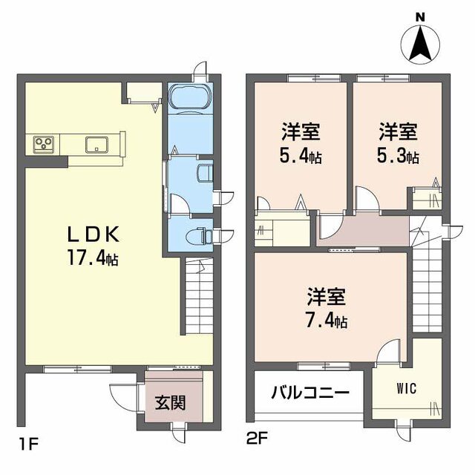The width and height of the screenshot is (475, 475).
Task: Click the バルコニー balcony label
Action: pyautogui.click(x=309, y=393)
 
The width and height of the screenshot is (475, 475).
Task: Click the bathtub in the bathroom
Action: pyautogui.click(x=189, y=97)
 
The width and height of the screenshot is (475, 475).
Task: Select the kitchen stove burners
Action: pyautogui.click(x=42, y=143)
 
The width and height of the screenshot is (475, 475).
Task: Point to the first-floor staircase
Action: pyautogui.click(x=198, y=297)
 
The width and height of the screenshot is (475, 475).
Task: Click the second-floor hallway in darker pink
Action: pyautogui.click(x=364, y=231)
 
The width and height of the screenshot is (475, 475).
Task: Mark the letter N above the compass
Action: pyautogui.click(x=420, y=16)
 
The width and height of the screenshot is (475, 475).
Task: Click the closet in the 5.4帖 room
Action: pyautogui.click(x=282, y=228)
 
